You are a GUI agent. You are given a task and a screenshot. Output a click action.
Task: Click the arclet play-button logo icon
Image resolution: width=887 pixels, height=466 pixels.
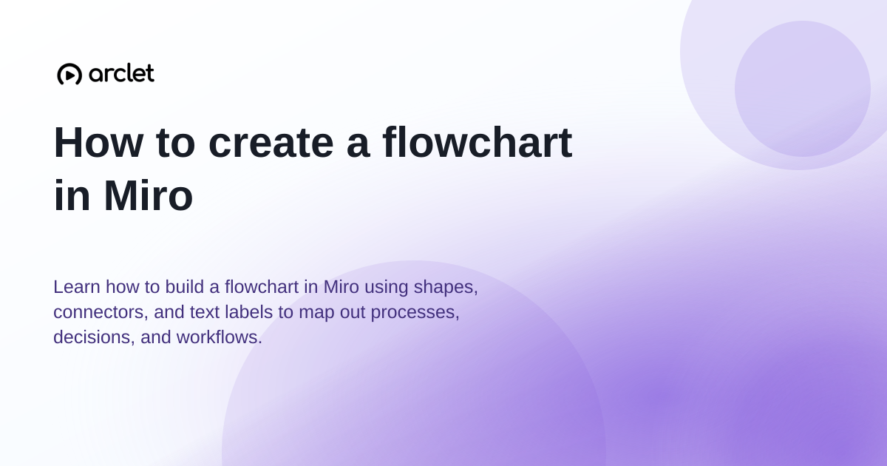click(69, 74)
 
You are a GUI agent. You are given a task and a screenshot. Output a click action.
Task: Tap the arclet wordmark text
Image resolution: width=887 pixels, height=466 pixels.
click(121, 73)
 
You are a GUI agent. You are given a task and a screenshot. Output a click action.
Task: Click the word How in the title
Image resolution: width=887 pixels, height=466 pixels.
click(98, 142)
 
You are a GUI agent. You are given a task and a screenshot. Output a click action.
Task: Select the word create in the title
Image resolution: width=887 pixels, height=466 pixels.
click(271, 142)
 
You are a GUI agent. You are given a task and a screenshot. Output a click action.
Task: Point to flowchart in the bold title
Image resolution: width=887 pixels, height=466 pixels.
click(478, 142)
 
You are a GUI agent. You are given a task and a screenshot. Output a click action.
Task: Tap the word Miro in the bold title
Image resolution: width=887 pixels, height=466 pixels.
click(149, 195)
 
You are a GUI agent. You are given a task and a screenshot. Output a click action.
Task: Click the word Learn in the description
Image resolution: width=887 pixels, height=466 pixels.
click(76, 286)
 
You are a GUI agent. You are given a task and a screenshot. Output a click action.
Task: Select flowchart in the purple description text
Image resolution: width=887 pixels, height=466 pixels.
click(262, 286)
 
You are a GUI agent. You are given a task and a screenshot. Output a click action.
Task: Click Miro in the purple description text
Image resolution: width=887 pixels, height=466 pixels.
click(341, 286)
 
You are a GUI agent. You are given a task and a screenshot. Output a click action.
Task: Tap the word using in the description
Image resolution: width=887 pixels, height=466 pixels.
click(386, 288)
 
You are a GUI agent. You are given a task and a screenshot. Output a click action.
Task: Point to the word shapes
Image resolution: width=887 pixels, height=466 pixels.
click(446, 288)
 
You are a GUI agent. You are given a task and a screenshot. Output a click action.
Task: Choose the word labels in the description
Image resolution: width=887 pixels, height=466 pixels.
click(248, 311)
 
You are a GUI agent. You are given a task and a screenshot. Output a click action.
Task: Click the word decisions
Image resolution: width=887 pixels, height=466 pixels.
click(95, 337)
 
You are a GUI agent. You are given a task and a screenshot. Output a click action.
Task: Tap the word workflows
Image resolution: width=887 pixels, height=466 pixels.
click(220, 337)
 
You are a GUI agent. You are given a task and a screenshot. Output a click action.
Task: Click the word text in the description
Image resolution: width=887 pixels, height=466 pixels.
click(204, 312)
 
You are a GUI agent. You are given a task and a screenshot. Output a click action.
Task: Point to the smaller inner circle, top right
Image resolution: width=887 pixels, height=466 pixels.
click(802, 89)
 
